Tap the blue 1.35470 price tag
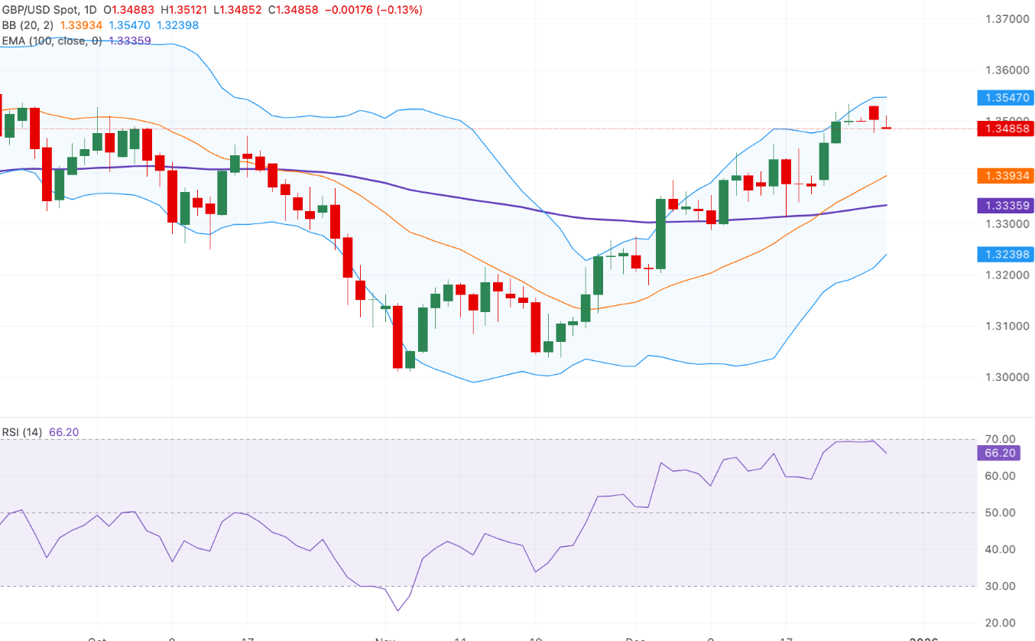click(1005, 97)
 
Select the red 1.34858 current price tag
click(1005, 129)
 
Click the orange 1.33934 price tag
click(1005, 176)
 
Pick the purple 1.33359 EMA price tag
click(1005, 205)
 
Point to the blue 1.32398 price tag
click(1005, 254)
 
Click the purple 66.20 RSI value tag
click(999, 453)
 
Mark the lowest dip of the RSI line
click(398, 610)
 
